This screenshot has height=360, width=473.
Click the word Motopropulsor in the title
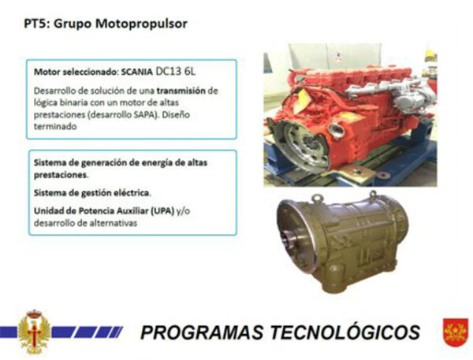pyautogui.click(x=141, y=24)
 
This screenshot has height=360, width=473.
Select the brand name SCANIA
pyautogui.click(x=136, y=72)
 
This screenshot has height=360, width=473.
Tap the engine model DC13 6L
pyautogui.click(x=176, y=72)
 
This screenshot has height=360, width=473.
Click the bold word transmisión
pyautogui.click(x=181, y=91)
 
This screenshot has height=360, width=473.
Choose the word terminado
pyautogui.click(x=55, y=127)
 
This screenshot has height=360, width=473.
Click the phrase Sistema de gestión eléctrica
pyautogui.click(x=92, y=193)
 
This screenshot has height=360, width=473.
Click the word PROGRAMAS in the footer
pyautogui.click(x=202, y=332)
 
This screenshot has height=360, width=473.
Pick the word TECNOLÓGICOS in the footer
pyautogui.click(x=345, y=332)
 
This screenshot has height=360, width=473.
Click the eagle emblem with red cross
pyautogui.click(x=34, y=332)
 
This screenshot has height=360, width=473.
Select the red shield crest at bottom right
pyautogui.click(x=456, y=332)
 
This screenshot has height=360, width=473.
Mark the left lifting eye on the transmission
pyautogui.click(x=317, y=199)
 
